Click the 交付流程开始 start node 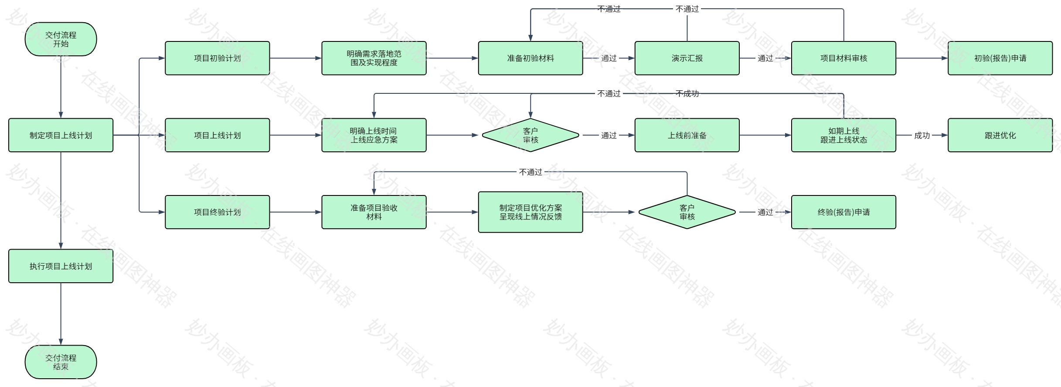pos(61,39)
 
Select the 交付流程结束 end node pos(61,362)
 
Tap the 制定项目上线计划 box pos(61,135)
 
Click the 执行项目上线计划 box pos(61,266)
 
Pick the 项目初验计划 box pos(217,58)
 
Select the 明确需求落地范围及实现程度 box pos(374,58)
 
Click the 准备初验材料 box pos(530,58)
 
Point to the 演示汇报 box pos(687,58)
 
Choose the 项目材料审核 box pos(843,58)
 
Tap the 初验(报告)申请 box pos(1000,58)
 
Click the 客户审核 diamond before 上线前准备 pos(530,135)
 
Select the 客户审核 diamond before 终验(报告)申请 pos(687,212)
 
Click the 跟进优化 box pos(1000,135)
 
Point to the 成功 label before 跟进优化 pos(922,135)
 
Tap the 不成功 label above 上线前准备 pos(687,93)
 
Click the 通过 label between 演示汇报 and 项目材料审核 pos(765,58)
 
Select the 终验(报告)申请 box pos(843,212)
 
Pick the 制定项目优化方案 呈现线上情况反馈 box pos(530,212)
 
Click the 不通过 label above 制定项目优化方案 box pos(530,172)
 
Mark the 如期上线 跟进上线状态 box pos(843,135)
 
